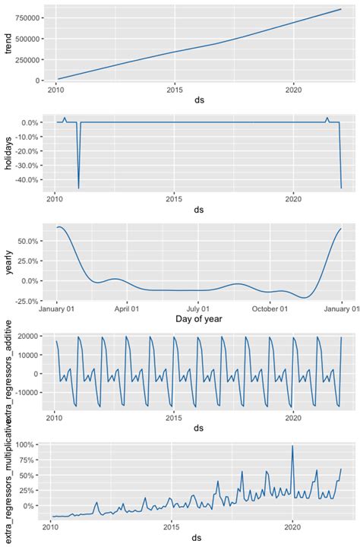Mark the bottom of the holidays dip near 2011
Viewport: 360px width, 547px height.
pos(79,188)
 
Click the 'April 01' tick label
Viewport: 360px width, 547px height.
pos(127,309)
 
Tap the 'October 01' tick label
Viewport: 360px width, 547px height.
pos(270,309)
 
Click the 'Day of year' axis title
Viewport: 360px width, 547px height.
pos(197,320)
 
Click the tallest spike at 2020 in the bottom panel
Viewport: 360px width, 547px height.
pos(292,446)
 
